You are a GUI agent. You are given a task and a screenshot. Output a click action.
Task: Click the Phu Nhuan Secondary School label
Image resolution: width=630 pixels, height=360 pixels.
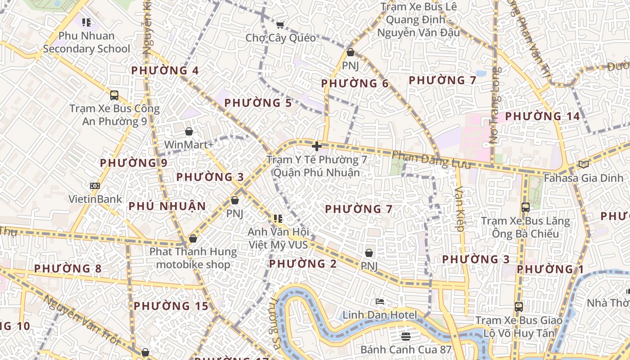click(86, 42)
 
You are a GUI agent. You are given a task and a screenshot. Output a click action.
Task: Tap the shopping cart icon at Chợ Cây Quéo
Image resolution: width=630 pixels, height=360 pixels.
click(280, 25)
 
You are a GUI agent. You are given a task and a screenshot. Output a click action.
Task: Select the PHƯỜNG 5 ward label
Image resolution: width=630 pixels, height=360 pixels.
click(258, 103)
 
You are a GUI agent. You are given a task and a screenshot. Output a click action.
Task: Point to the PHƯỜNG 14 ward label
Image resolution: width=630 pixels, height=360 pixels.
click(542, 117)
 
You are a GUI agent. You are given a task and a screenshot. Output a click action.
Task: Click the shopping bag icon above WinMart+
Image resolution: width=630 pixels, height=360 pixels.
click(189, 131)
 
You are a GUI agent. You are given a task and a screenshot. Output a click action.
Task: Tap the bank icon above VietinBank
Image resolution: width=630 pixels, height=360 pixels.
click(94, 185)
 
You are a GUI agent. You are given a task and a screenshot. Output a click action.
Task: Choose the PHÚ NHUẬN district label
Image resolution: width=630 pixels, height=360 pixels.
click(167, 207)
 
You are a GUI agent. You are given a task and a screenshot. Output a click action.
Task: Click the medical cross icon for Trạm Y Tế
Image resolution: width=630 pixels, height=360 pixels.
click(317, 146)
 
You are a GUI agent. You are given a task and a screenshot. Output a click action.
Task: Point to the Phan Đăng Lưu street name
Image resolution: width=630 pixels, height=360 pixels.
click(431, 160)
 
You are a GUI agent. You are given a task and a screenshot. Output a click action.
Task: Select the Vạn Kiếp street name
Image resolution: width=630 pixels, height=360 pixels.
click(459, 209)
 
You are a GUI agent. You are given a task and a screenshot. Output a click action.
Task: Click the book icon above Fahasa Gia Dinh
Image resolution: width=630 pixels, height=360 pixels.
click(584, 165)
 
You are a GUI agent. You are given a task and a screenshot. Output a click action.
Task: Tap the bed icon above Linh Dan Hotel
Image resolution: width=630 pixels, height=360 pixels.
click(380, 301)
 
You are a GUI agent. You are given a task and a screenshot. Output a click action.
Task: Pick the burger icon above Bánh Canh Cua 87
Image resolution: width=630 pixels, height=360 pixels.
click(405, 336)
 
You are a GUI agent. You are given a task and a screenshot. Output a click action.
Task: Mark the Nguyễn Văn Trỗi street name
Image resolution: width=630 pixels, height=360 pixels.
click(83, 320)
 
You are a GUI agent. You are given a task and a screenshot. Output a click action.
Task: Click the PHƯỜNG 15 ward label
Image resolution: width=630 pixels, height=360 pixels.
click(171, 306)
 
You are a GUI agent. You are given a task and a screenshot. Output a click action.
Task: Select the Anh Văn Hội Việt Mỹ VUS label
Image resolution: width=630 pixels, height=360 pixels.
click(278, 238)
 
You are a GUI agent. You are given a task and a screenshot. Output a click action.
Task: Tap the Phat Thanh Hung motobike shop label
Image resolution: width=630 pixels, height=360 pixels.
click(193, 258)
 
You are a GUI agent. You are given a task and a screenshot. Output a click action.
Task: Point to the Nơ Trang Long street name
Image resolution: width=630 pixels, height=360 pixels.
click(495, 106)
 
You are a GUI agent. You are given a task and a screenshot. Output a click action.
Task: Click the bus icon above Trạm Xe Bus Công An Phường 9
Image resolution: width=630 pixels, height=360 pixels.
click(114, 95)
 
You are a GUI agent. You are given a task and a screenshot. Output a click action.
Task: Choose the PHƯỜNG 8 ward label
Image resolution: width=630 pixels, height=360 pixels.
click(67, 269)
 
